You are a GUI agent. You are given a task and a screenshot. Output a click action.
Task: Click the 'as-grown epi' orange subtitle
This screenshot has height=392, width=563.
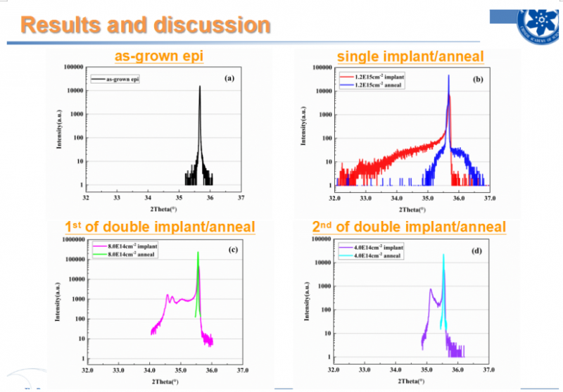click(159, 56)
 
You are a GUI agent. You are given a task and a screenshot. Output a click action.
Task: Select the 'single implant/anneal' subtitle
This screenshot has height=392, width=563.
click(410, 56)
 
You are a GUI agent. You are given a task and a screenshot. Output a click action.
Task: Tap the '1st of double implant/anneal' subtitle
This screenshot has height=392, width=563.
click(160, 227)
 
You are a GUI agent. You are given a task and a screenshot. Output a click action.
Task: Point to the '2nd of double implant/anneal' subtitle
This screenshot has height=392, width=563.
click(409, 227)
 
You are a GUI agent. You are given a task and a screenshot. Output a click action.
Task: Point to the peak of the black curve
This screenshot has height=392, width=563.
click(199, 87)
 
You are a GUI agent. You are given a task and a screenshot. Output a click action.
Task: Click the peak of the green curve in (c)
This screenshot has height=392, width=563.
click(198, 253)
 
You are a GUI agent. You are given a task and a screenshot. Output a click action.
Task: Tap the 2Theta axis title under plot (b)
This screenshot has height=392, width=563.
click(413, 210)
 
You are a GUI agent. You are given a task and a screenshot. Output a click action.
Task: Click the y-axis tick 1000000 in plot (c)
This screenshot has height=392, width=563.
click(71, 240)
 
